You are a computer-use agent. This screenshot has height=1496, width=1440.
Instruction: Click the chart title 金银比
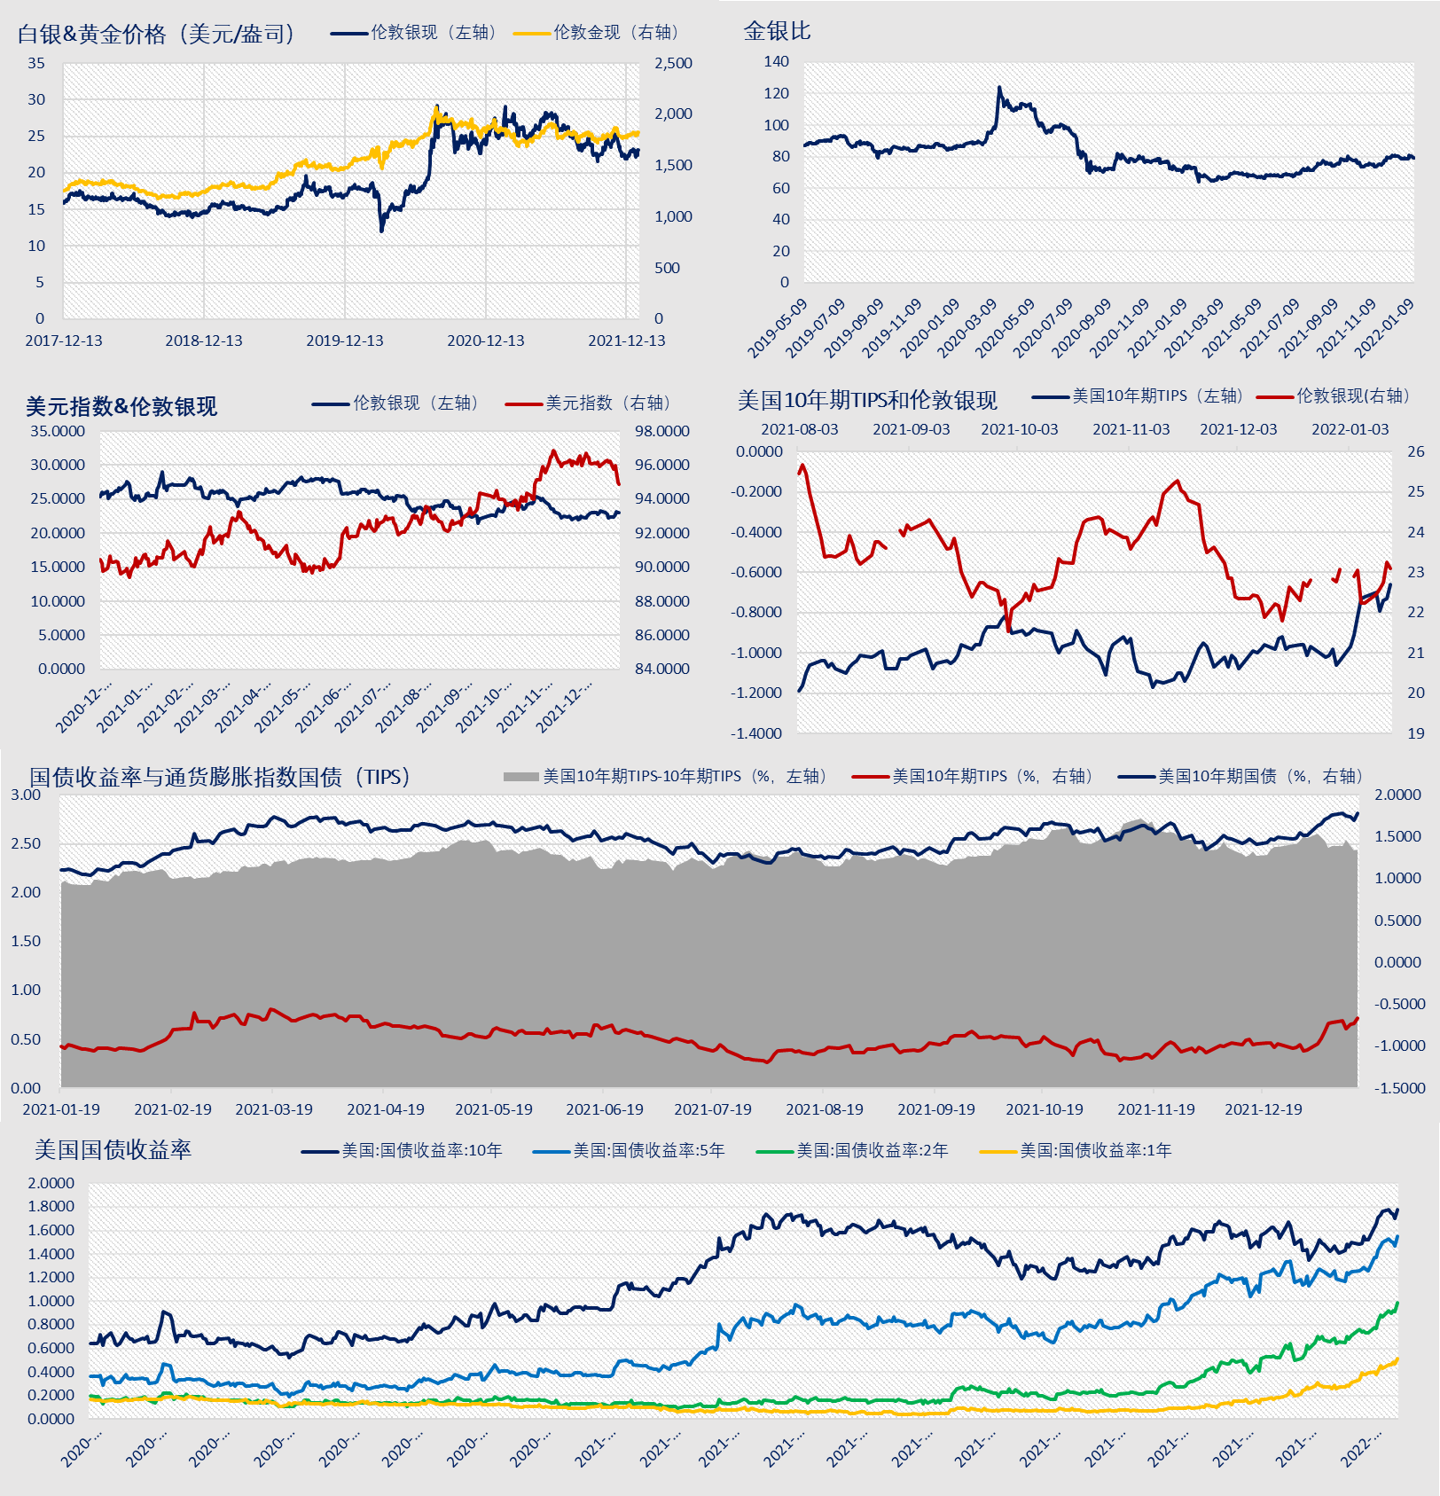point(777,31)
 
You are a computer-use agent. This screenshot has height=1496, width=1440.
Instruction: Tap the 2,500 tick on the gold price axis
point(674,63)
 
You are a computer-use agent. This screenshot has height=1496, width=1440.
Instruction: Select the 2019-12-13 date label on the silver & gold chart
point(345,341)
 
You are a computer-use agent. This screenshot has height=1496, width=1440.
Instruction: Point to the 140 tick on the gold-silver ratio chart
point(776,61)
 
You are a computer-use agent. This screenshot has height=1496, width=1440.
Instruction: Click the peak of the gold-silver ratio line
point(998,87)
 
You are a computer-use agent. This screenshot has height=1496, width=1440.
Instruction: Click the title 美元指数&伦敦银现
point(121,406)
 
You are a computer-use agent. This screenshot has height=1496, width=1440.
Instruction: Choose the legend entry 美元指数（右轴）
point(590,403)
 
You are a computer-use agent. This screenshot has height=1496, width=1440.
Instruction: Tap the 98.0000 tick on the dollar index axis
point(662,431)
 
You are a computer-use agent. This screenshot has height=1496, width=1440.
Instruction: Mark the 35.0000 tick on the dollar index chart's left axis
point(58,431)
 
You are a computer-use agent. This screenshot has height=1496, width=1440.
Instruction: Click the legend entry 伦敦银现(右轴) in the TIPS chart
point(1334,396)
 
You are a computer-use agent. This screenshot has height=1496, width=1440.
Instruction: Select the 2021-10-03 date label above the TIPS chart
point(1020,429)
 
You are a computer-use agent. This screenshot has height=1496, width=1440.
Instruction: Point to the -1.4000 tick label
point(756,733)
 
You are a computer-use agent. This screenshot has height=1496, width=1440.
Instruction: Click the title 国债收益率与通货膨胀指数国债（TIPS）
point(221,777)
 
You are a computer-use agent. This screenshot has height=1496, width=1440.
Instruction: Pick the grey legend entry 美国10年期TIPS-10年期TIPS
point(666,777)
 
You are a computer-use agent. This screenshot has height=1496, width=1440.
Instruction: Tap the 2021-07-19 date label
point(713,1109)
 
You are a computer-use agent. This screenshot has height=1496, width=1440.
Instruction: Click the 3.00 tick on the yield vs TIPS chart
point(26,795)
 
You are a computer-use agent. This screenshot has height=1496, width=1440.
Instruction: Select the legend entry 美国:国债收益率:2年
point(852,1151)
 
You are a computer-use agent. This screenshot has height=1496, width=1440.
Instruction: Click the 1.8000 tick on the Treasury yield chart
point(51,1206)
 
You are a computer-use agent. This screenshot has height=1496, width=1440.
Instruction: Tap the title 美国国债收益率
point(113,1150)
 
